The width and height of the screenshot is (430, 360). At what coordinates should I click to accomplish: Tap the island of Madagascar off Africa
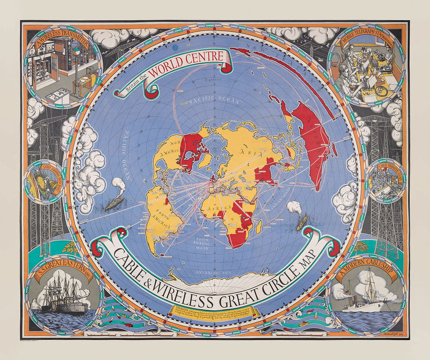click(258, 226)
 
